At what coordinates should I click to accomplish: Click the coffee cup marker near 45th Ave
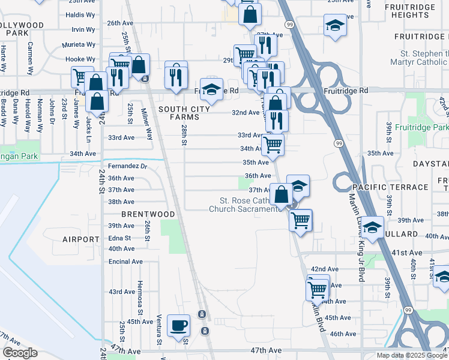[x=178, y=326]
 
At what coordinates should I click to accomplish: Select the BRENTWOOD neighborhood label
[x=148, y=214]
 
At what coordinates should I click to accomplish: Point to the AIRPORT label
[x=80, y=239]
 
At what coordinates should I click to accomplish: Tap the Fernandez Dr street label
[x=127, y=166]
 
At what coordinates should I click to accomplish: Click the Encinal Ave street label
[x=125, y=262]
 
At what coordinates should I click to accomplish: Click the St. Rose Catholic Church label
[x=244, y=205]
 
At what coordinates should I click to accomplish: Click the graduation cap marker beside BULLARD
[x=372, y=228]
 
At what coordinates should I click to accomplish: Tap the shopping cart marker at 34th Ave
[x=273, y=145]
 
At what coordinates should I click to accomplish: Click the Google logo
[x=20, y=353]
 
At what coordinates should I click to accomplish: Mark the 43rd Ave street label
[x=121, y=292]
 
